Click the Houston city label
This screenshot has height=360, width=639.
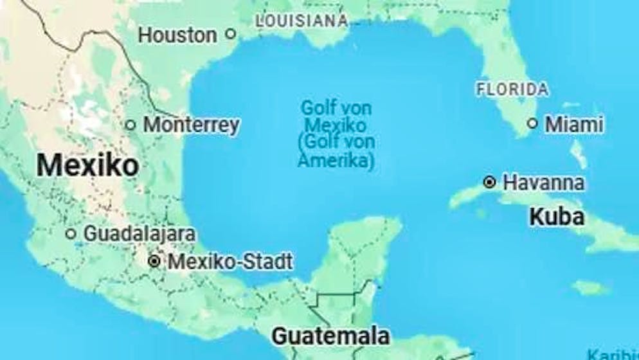(x=177, y=35)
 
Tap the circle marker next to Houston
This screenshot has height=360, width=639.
(x=231, y=34)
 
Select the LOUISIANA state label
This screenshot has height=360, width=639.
(x=301, y=21)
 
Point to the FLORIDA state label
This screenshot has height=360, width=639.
(x=512, y=89)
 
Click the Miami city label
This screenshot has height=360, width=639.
(x=574, y=124)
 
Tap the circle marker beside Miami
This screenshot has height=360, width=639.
(x=532, y=123)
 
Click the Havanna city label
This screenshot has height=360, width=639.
(x=544, y=183)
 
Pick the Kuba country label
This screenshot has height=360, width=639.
(x=557, y=217)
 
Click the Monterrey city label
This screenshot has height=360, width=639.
(x=192, y=125)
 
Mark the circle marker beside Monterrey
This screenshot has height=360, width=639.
(x=130, y=125)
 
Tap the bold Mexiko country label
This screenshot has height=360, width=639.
(x=87, y=165)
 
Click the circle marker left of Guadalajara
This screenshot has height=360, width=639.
(x=71, y=233)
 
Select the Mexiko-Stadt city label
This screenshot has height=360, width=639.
(x=230, y=262)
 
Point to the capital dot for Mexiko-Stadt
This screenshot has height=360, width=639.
(x=154, y=262)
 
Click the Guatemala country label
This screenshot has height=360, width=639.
(x=330, y=336)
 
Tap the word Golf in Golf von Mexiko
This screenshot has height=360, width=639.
(x=317, y=107)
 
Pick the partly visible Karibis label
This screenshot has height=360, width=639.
(x=614, y=354)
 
